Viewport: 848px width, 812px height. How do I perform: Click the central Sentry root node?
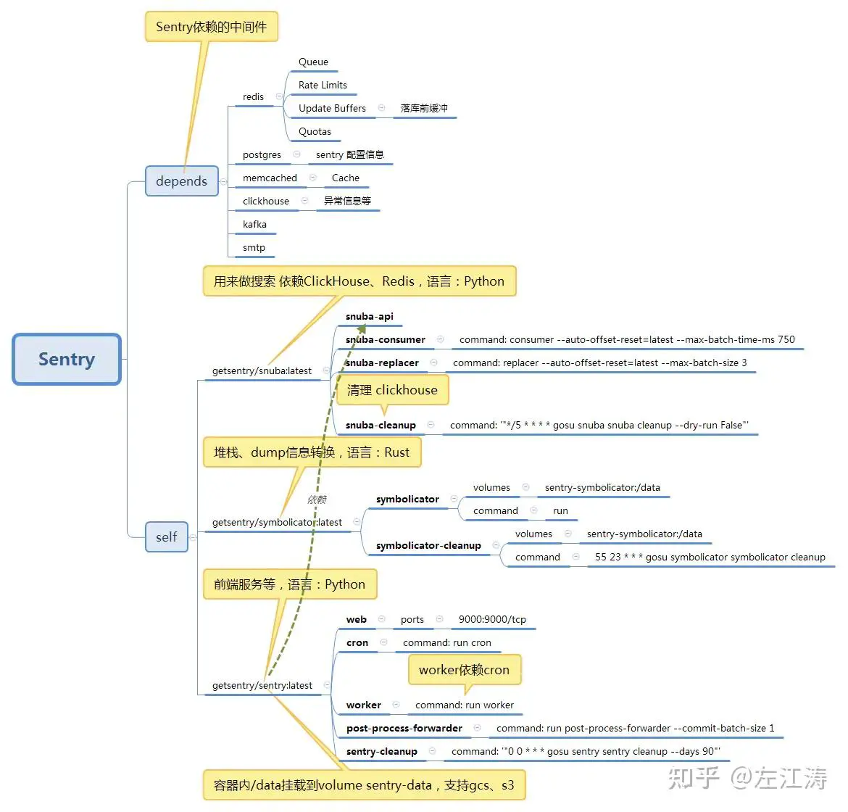67,360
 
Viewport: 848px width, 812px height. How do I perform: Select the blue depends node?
181,181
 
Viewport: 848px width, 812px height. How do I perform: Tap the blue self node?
166,536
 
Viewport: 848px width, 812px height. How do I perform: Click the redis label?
253,97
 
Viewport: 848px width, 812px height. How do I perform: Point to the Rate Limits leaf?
323,86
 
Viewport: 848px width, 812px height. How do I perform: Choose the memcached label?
270,178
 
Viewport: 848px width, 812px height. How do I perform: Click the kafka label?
254,225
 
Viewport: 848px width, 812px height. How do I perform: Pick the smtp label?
254,248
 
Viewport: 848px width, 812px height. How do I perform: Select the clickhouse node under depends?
265,202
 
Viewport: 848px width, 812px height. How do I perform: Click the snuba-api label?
370,317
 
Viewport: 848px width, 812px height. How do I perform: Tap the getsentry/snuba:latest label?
262,371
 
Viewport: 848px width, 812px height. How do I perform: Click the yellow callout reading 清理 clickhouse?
392,390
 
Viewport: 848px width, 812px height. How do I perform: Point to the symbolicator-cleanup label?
428,546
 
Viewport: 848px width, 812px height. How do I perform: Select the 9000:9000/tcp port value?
492,620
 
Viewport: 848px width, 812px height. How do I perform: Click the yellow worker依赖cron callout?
464,670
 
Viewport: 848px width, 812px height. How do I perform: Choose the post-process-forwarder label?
404,729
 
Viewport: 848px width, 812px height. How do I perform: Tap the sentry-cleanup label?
381,752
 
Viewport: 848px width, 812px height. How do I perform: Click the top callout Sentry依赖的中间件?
211,27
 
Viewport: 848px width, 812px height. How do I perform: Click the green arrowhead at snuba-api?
361,330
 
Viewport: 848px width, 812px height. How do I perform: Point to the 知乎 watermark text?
693,778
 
